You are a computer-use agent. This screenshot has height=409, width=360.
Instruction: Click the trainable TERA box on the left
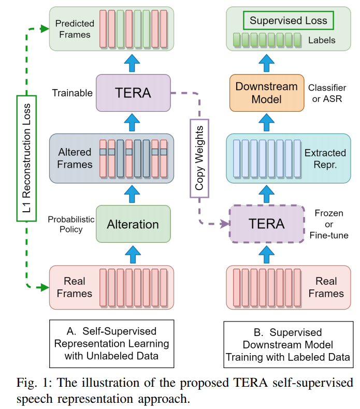[133, 93]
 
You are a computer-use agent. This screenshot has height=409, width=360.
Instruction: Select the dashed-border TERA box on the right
[267, 224]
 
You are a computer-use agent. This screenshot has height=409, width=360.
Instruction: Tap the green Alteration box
[133, 224]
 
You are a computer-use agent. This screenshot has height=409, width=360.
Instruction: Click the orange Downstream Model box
[267, 93]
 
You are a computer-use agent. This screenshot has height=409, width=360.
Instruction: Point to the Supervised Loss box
[289, 21]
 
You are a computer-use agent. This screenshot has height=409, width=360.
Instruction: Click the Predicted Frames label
[75, 29]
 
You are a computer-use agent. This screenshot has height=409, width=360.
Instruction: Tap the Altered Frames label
[75, 158]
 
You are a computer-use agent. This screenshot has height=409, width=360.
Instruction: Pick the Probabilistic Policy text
[71, 224]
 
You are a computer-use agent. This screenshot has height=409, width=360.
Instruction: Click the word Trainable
[72, 93]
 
